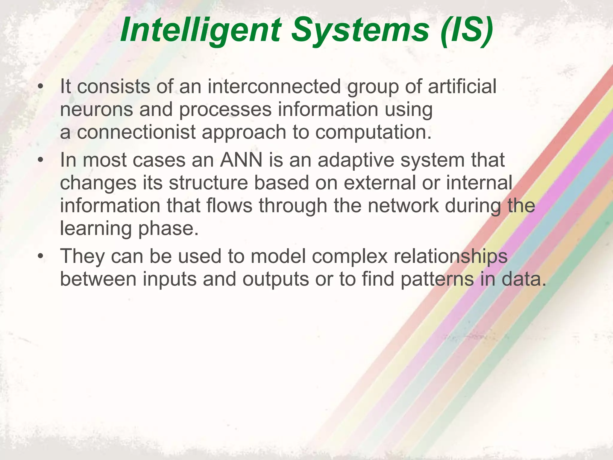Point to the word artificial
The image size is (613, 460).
pyautogui.click(x=462, y=87)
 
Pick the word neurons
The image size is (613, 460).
pyautogui.click(x=96, y=110)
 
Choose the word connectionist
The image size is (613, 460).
pyautogui.click(x=136, y=132)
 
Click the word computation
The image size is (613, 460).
pyautogui.click(x=373, y=133)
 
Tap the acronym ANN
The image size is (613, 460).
pyautogui.click(x=241, y=160)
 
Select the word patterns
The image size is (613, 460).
pyautogui.click(x=437, y=279)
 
